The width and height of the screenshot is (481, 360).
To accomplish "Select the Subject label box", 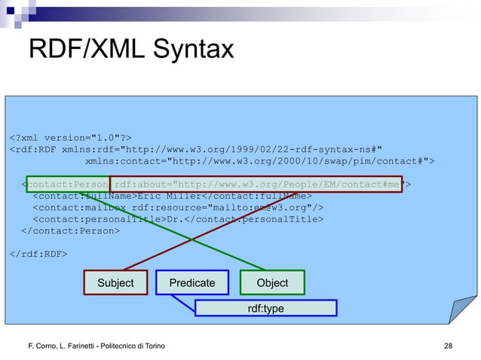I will click(x=115, y=282).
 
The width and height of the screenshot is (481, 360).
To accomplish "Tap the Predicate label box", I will click(x=191, y=282).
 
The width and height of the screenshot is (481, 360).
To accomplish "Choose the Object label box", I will click(x=272, y=282).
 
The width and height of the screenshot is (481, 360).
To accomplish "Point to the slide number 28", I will click(x=450, y=344).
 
